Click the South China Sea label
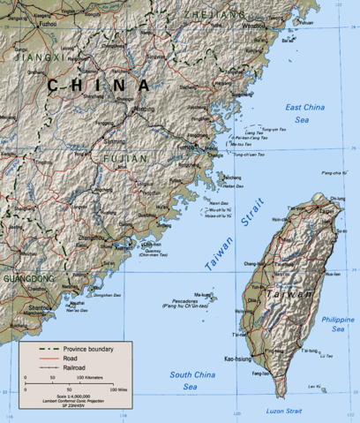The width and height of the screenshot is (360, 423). click(191, 381)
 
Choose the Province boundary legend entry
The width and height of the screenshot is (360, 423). click(92, 349)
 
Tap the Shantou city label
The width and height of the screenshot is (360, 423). click(38, 307)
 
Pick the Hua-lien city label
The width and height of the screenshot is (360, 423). click(334, 275)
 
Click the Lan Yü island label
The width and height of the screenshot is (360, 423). click(315, 387)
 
